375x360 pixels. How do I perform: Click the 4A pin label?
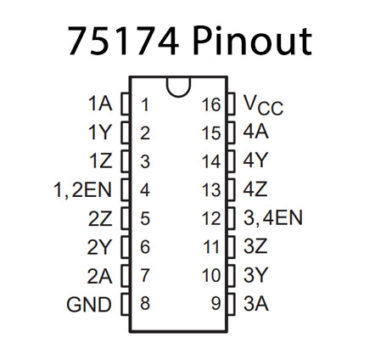256,132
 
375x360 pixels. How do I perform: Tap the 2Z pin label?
99,217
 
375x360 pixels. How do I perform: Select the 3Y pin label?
256,274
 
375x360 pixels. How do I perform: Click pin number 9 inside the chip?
214,302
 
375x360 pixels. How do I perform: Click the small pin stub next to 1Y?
124,132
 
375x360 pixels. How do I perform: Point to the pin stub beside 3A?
233,302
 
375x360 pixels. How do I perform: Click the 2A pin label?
99,274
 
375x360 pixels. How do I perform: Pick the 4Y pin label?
256,160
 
